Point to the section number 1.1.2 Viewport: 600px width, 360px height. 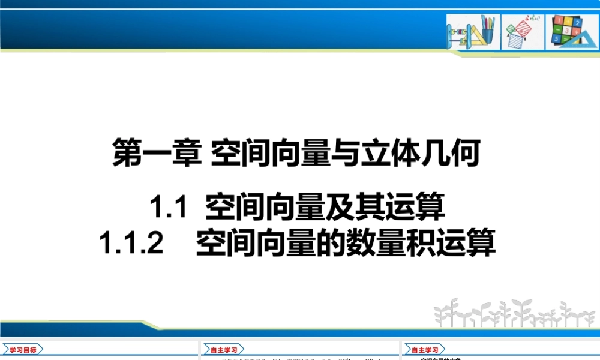131,244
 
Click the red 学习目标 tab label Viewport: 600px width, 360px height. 23,349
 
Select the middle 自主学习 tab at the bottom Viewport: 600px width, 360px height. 223,349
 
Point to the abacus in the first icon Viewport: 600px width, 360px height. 458,32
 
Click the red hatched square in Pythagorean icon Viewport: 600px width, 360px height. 523,29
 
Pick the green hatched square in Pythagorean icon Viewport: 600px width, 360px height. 511,28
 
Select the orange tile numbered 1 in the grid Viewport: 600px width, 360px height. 559,21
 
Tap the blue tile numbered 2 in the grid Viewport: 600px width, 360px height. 577,23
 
